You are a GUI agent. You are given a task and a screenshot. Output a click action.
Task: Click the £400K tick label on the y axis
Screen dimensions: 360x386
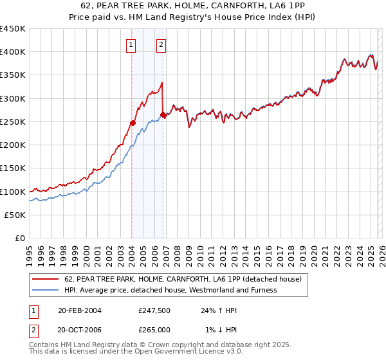(13, 52)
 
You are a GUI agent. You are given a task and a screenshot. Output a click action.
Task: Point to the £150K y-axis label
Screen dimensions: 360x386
(13, 168)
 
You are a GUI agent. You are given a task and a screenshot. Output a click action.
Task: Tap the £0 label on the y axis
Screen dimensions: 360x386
(21, 239)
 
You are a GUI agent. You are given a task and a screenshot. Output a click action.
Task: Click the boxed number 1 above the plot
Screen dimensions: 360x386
(131, 44)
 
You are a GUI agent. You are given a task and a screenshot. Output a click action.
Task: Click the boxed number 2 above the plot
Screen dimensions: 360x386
(161, 44)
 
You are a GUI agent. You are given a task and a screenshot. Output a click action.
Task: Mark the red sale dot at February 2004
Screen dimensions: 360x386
(133, 123)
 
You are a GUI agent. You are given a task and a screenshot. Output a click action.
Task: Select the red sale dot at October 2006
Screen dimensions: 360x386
(163, 115)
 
